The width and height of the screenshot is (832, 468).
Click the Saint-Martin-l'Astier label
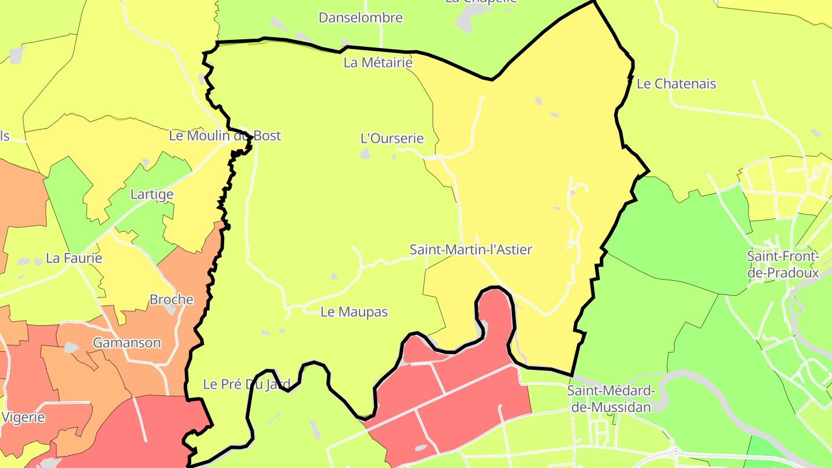pos(470,250)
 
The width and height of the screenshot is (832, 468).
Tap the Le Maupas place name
pos(354,312)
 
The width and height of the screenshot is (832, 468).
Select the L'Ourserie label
pos(392,139)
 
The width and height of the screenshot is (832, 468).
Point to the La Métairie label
pos(378,62)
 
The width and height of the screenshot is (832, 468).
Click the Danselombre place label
pos(361,17)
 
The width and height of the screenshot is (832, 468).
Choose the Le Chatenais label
pos(676,84)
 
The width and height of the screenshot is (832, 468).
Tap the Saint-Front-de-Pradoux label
pos(783,264)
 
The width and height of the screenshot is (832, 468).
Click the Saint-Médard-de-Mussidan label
pos(611,399)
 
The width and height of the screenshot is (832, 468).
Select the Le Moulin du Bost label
pos(225,136)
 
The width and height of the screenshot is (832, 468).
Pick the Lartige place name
pos(152,194)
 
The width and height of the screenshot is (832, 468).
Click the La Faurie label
pos(74,258)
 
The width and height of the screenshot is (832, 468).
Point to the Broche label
pos(171,300)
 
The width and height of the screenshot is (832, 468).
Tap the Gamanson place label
pos(127,343)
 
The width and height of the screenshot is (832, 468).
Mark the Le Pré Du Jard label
pos(246,384)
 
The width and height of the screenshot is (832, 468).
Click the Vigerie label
pos(23,417)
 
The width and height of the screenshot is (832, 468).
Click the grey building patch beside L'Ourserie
pos(365,153)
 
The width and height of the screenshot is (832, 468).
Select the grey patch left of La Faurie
pos(24,262)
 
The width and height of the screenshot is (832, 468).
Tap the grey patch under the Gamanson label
pos(72,348)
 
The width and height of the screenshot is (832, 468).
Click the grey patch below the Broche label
pos(170,310)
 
